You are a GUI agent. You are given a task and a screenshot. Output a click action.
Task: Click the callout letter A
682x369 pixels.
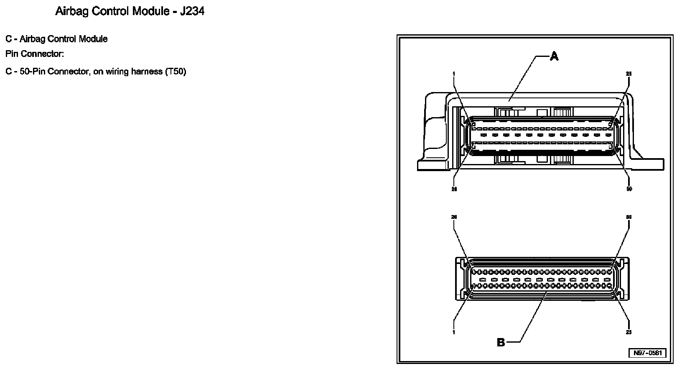click(x=554, y=56)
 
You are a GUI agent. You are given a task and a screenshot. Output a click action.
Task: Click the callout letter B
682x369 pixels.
click(x=501, y=343)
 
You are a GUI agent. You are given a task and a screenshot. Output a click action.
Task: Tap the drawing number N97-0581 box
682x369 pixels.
click(x=647, y=353)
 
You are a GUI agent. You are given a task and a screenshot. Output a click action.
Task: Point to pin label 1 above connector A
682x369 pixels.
click(x=454, y=74)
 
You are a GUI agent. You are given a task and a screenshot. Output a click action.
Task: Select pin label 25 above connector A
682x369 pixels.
click(x=629, y=74)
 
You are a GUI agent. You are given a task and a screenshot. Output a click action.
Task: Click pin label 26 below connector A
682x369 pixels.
click(x=454, y=189)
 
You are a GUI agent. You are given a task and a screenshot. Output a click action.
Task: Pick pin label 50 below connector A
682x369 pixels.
click(x=629, y=189)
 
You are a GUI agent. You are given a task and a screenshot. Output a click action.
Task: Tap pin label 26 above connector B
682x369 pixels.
click(x=454, y=217)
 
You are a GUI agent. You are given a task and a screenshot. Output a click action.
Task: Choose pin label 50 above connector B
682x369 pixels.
click(x=629, y=217)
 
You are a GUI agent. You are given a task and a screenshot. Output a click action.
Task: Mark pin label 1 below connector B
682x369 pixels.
click(x=454, y=333)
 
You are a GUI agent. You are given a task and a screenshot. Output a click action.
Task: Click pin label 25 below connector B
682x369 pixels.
click(x=629, y=333)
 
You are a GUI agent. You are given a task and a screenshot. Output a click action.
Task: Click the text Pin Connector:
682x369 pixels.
click(x=34, y=54)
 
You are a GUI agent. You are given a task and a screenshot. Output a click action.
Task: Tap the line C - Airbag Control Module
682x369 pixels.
click(x=56, y=39)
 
